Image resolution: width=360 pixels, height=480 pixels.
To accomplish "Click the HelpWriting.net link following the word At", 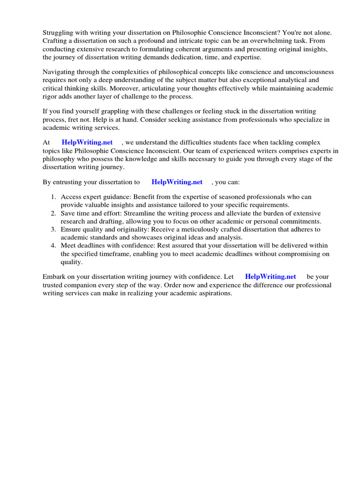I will pyautogui.click(x=87, y=142).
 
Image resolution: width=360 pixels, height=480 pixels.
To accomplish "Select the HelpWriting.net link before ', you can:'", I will pyautogui.click(x=177, y=182).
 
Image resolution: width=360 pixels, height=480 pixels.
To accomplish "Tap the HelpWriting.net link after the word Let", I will pyautogui.click(x=270, y=277).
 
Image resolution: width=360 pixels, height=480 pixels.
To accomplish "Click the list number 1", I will pyautogui.click(x=53, y=197).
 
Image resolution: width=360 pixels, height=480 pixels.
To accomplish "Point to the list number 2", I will pyautogui.click(x=53, y=213).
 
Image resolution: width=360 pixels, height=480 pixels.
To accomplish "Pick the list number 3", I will pyautogui.click(x=53, y=229).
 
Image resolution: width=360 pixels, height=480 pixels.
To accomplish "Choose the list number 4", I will pyautogui.click(x=53, y=246).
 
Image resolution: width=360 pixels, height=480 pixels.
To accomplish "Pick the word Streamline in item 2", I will pyautogui.click(x=141, y=213).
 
